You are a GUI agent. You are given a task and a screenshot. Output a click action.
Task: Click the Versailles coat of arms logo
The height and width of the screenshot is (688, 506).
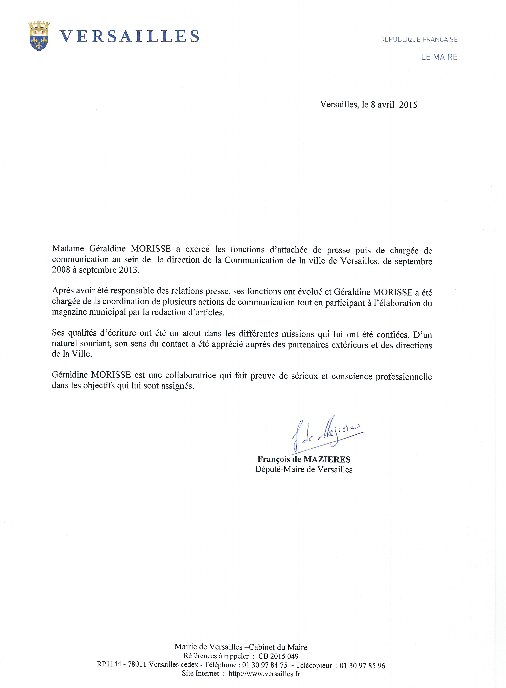click(x=39, y=36)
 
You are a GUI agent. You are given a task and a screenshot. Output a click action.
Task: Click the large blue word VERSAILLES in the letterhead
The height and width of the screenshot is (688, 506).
click(x=129, y=37)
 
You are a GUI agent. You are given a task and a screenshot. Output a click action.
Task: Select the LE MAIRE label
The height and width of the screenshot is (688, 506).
click(x=439, y=57)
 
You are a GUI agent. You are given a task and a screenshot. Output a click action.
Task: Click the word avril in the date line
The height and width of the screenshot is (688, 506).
click(x=386, y=105)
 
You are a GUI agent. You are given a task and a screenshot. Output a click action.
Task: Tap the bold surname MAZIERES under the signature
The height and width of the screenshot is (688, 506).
click(x=327, y=459)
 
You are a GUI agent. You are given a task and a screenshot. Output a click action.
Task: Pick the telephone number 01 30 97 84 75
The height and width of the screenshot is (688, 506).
click(x=265, y=665)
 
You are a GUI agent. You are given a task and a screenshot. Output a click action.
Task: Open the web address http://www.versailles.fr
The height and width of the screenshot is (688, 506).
click(x=264, y=674)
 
